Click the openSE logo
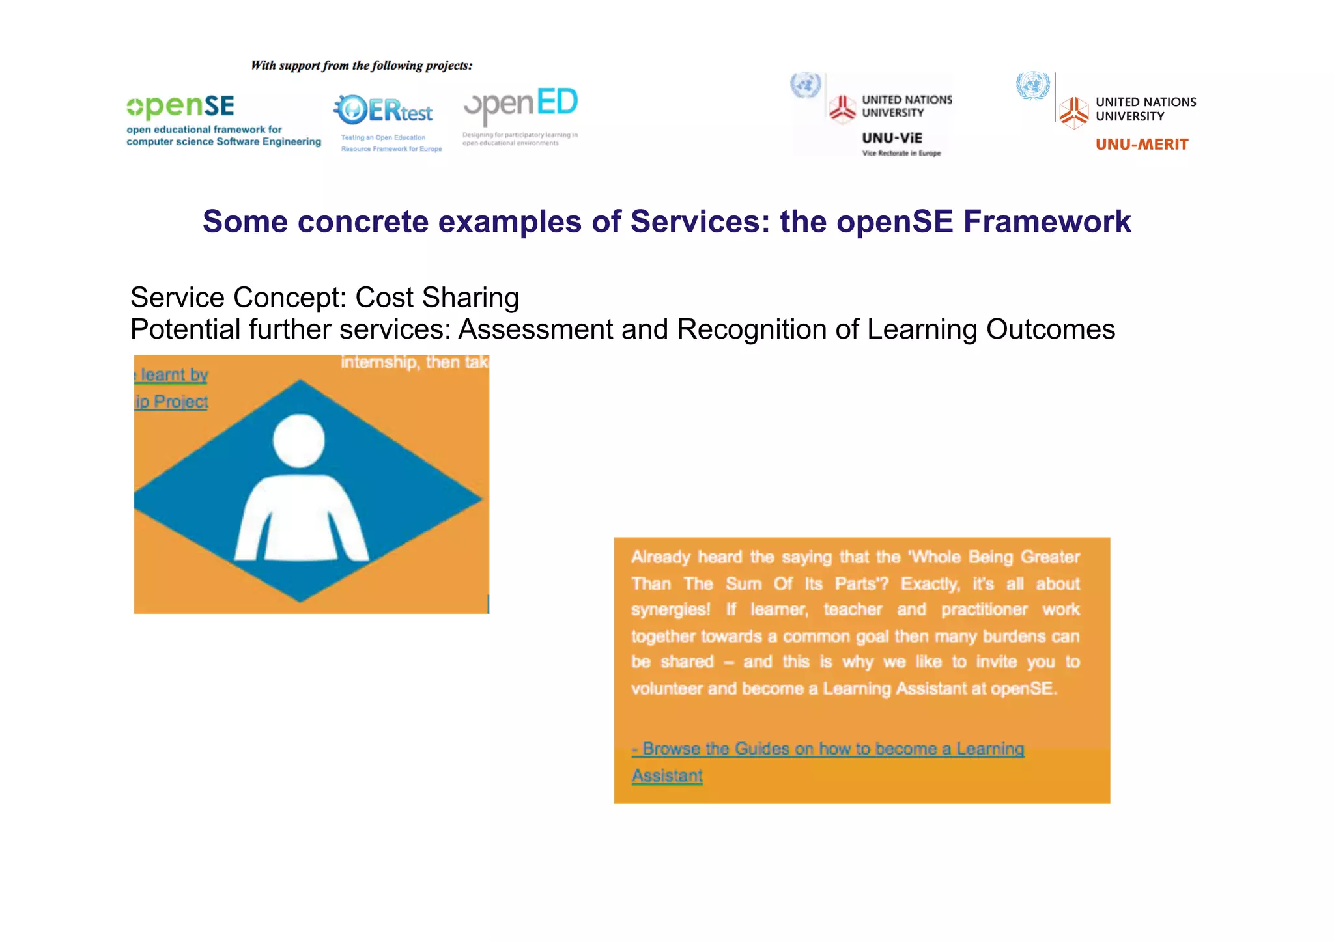[180, 106]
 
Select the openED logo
[520, 105]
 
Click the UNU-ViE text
[892, 138]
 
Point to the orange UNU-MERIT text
[1142, 145]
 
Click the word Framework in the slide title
[1047, 221]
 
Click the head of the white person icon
[299, 440]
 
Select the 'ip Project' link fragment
[172, 402]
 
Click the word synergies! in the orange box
[670, 609]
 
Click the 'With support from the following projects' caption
[362, 66]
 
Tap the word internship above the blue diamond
[380, 362]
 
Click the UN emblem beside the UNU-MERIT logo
[1033, 87]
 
